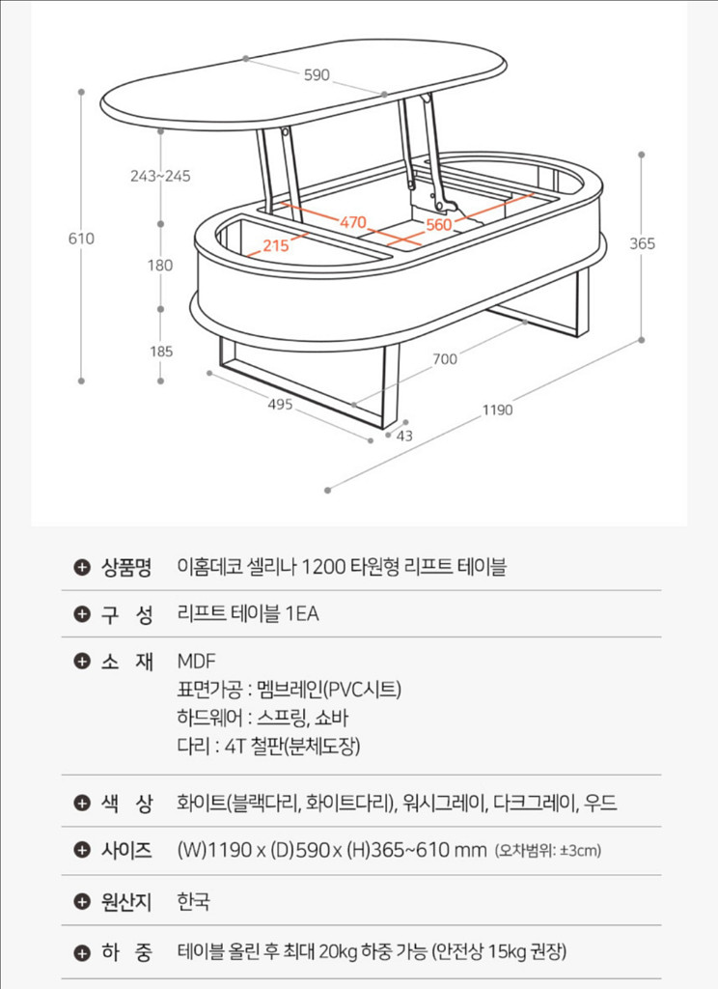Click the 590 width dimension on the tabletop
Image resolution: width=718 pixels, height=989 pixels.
(317, 75)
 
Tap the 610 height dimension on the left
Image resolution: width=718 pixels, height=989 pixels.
(81, 239)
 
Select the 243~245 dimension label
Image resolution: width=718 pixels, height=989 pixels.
(161, 176)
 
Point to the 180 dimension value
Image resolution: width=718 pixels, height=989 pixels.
(161, 266)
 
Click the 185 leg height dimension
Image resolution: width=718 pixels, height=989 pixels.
(161, 352)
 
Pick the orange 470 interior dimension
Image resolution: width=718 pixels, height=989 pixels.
(351, 222)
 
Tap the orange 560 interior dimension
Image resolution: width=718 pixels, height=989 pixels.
(438, 224)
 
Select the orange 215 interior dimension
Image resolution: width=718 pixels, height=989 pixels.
(276, 245)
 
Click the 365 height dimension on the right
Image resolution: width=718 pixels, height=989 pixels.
(642, 244)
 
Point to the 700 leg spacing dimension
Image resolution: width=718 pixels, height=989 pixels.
(445, 359)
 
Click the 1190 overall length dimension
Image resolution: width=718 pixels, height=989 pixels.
(498, 410)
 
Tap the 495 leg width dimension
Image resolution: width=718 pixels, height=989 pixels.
(280, 405)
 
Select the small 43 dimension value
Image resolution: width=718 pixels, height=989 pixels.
(403, 436)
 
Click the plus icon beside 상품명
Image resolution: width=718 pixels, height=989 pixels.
(82, 567)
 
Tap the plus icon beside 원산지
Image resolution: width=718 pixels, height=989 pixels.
(82, 902)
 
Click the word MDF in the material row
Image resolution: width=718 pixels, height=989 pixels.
(197, 662)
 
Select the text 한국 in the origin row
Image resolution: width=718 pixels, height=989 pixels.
(194, 902)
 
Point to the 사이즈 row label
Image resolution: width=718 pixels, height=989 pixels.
(126, 850)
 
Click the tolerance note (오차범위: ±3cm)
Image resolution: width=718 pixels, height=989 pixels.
(548, 851)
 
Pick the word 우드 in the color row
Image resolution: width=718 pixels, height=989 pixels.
(600, 803)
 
